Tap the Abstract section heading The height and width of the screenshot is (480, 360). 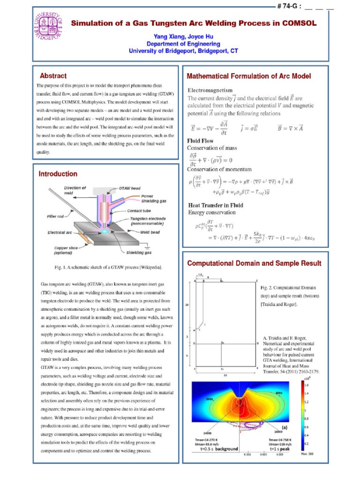tap(53, 75)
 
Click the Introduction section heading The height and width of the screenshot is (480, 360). tap(58, 174)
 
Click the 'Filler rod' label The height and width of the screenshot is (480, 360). tap(56, 216)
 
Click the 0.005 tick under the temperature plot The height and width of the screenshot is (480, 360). tap(280, 454)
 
